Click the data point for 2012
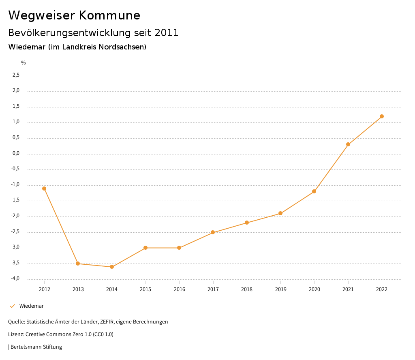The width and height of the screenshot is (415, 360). point(44,189)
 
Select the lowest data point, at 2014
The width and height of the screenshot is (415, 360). point(112,267)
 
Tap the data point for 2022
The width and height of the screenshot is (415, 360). point(382,116)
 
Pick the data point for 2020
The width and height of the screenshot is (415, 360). point(314,191)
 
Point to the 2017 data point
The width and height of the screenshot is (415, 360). point(213,232)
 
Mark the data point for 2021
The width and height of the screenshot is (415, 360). point(348,144)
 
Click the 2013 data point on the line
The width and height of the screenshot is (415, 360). point(78,264)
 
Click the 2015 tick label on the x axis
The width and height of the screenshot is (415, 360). point(145,289)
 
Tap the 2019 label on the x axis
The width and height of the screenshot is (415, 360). point(280,289)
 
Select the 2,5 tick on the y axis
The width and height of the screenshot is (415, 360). point(16,75)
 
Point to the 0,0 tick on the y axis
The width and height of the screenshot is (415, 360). point(16,154)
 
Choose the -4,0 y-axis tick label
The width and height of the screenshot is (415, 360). point(15,279)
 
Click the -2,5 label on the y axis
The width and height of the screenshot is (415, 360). point(15,232)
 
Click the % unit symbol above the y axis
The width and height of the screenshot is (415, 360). point(24,63)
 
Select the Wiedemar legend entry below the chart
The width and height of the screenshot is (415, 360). point(31,306)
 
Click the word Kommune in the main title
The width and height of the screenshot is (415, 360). point(109,15)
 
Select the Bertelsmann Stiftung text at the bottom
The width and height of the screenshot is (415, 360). point(36,347)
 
